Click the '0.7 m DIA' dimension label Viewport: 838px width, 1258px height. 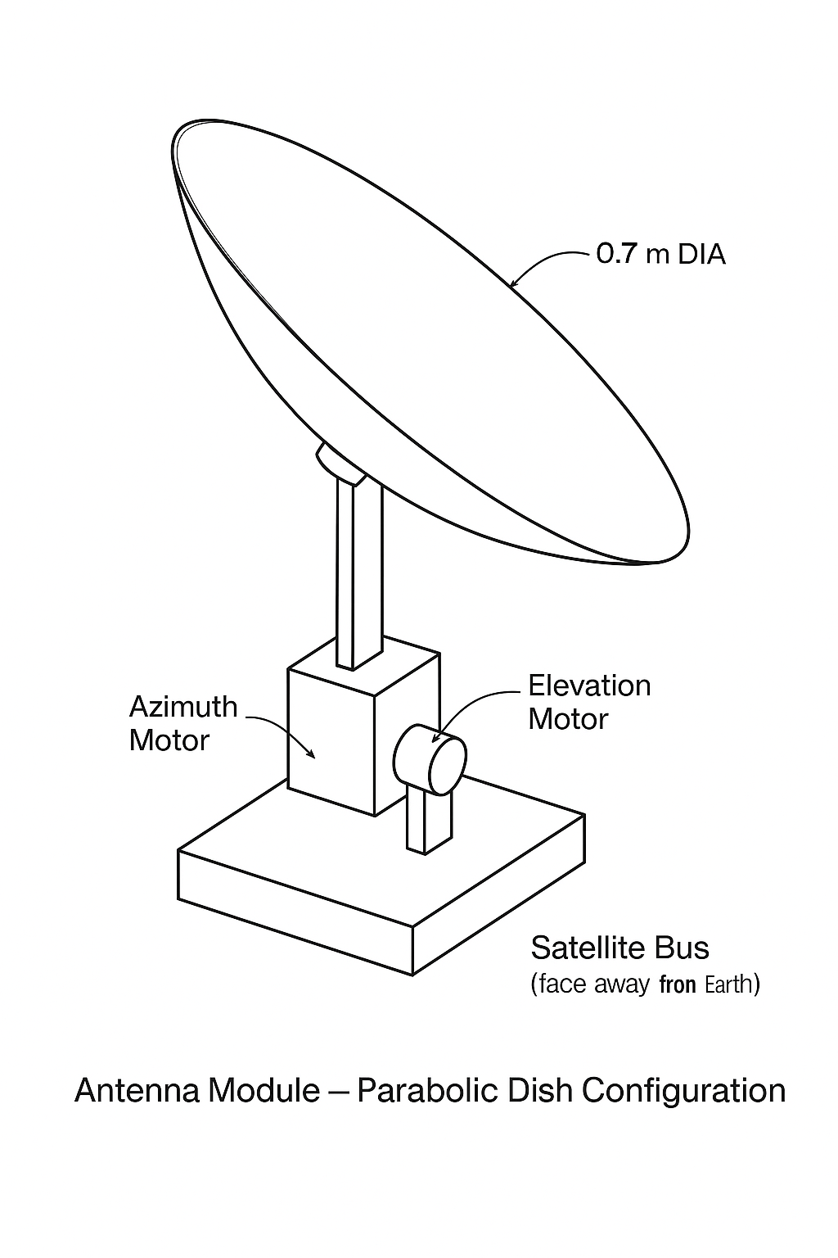660,254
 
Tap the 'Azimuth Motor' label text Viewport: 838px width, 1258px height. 183,723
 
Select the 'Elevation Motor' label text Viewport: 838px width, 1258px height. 589,702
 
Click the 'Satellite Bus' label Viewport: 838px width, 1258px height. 619,948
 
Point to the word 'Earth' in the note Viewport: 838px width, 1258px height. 728,983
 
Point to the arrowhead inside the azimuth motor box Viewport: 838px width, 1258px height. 310,753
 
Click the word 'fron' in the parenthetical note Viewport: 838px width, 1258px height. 677,983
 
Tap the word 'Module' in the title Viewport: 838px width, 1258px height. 265,1091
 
